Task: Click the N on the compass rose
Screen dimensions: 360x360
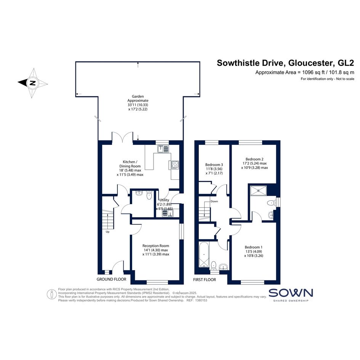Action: point(33,83)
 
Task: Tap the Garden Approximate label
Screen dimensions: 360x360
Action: point(138,99)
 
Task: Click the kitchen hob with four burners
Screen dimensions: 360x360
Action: point(175,165)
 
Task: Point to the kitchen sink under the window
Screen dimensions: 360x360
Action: point(163,149)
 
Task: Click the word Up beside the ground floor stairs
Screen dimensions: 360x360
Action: point(107,232)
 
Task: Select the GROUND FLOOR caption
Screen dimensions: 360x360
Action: point(111,279)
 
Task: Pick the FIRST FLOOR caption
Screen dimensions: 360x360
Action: point(204,280)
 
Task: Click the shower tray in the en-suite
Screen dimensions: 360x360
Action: point(258,190)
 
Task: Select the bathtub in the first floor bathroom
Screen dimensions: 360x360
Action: point(204,254)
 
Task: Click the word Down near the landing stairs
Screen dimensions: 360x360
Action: point(214,202)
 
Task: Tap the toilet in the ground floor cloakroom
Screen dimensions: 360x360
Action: point(149,195)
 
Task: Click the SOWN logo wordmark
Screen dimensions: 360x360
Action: point(291,293)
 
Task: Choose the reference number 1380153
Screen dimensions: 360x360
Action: point(201,300)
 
